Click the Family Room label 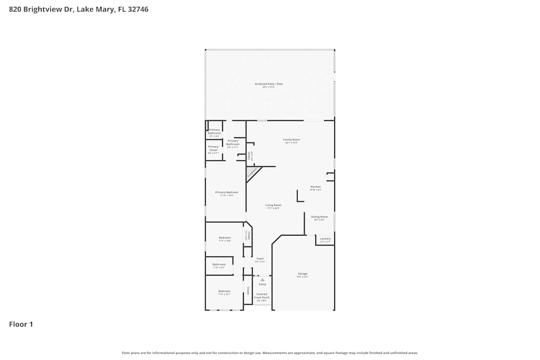pos(292,140)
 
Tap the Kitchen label pos(315,187)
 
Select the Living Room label pos(273,206)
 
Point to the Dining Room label pos(319,217)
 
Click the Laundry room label pos(325,239)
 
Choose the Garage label pos(302,274)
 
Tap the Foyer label pos(260,259)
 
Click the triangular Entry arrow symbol pos(262,280)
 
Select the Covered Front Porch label pos(262,296)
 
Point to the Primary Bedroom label pos(226,193)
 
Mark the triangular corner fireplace pos(252,173)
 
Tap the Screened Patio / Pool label pos(269,84)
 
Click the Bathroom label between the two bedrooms pos(219,265)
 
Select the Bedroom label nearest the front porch pos(224,292)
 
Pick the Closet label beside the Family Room pos(249,156)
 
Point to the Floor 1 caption pos(21,324)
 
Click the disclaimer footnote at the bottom pos(270,353)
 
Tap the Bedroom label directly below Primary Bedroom pos(225,239)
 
